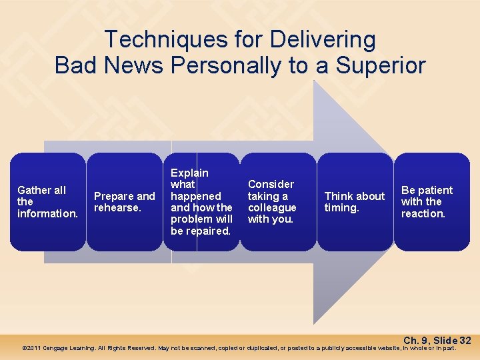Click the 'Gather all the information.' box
(48, 202)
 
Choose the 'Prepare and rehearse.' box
(125, 202)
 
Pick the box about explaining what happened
(201, 202)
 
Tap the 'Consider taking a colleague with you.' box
(278, 202)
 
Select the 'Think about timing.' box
(355, 202)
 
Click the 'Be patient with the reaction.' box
(431, 202)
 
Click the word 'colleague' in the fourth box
(272, 208)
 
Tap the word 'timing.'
(342, 208)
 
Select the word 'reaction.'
(423, 214)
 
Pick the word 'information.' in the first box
(48, 214)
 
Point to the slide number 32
(465, 341)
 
